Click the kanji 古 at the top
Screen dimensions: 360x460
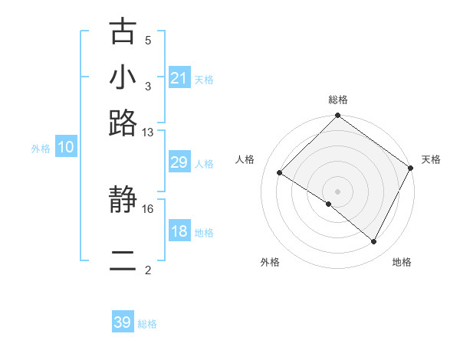123,32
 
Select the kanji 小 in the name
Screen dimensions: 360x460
123,77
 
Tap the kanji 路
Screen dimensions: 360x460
123,123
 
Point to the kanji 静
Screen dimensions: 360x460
123,201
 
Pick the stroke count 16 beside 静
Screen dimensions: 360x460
149,208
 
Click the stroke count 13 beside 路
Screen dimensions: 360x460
149,132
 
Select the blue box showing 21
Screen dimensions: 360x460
179,78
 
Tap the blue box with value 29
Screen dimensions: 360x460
179,162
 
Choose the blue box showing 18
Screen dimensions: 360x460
179,231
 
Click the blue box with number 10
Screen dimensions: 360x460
66,148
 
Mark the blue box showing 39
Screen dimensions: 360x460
123,322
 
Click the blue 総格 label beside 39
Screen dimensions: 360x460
148,324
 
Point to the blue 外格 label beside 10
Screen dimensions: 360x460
41,149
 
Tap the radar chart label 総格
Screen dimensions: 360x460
338,100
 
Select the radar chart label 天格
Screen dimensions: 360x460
431,159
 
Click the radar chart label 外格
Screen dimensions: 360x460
269,262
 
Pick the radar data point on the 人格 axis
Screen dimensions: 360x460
280,173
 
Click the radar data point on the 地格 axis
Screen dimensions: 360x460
374,242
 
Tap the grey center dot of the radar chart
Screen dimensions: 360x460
337,191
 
